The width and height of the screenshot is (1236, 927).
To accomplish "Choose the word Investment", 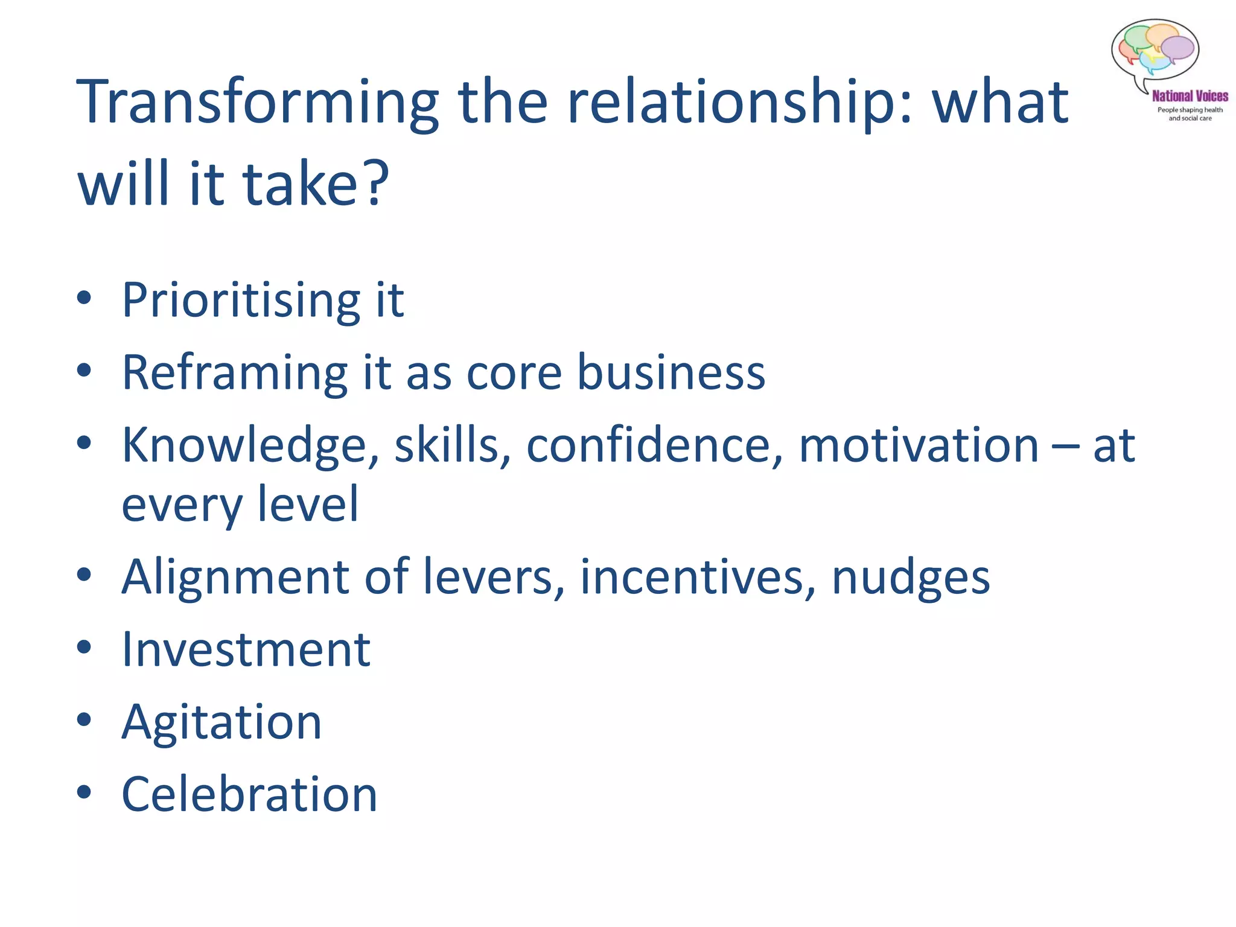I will click(x=246, y=651).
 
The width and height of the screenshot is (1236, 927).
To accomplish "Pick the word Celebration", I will click(x=249, y=795).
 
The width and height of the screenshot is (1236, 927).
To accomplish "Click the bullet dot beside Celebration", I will click(x=84, y=792).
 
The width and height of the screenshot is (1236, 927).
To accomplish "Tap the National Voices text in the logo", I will click(x=1190, y=96).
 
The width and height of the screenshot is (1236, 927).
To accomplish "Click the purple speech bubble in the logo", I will click(x=1177, y=48).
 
